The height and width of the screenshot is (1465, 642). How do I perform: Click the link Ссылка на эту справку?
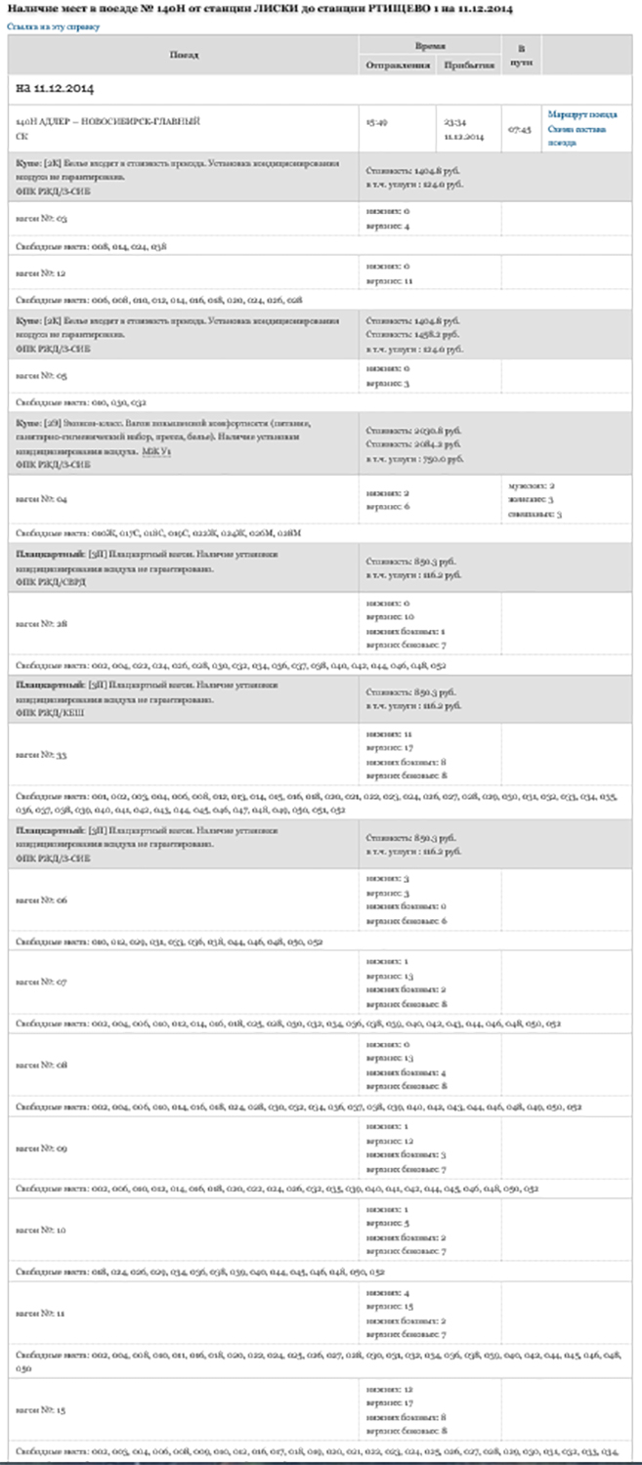54,26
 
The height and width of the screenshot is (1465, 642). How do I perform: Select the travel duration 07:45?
519,129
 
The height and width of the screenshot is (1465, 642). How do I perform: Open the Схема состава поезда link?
577,135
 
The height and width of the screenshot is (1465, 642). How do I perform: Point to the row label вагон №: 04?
40,499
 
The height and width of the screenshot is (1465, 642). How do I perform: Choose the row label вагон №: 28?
40,623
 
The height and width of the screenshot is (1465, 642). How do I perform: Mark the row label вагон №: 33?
40,755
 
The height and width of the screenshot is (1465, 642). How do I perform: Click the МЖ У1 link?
154,452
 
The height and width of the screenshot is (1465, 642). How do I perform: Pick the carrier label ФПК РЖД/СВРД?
51,581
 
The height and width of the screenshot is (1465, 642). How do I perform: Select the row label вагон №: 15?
40,1409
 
